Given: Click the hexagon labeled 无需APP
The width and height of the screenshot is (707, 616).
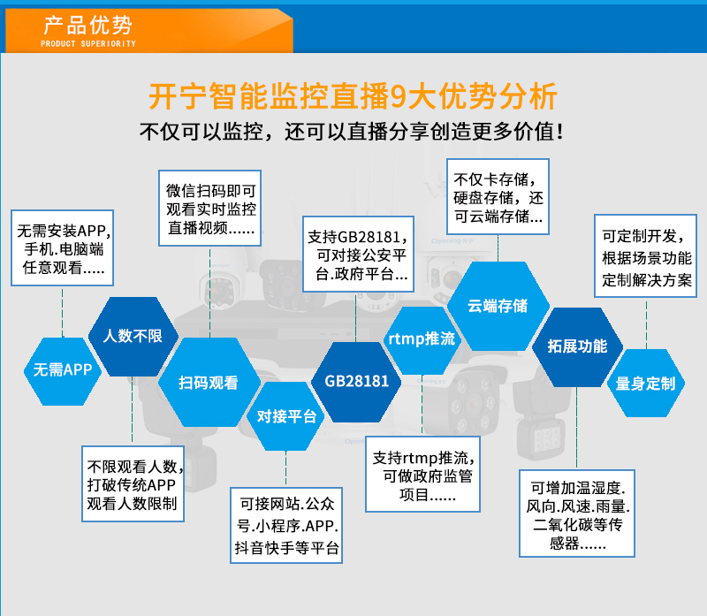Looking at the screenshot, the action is tap(63, 371).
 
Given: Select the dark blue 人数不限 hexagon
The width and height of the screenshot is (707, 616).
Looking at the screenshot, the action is tap(133, 337).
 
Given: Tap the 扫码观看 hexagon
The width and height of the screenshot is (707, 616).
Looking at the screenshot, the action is tap(209, 383).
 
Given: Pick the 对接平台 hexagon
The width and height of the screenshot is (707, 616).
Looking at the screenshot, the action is tap(285, 416).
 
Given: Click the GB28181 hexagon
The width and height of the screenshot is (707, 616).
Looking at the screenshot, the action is tap(356, 382).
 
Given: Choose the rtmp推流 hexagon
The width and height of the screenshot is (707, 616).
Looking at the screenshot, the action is tap(422, 340).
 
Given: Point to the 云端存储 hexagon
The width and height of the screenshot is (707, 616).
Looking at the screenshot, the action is tap(498, 306).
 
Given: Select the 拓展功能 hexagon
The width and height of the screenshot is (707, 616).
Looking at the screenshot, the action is tap(578, 347).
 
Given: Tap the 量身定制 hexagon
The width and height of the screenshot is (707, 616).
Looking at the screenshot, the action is tap(646, 384).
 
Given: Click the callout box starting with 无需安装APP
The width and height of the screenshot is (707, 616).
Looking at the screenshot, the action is tap(62, 248).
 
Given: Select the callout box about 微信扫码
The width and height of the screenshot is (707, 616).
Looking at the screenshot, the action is tap(210, 208).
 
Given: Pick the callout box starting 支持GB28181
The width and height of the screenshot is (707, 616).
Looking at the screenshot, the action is tap(359, 255).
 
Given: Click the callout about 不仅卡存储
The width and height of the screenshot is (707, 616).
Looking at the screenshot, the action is tap(498, 196).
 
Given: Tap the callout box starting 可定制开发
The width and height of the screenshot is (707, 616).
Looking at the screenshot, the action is tap(646, 255).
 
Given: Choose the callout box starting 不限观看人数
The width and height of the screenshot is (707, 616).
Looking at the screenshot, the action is tap(133, 483).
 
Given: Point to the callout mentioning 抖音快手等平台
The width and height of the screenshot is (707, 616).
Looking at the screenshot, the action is tap(286, 525).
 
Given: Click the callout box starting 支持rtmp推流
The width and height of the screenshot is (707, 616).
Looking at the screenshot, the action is tap(423, 474).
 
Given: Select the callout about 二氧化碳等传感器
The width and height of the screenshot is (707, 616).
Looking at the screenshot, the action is tap(577, 513).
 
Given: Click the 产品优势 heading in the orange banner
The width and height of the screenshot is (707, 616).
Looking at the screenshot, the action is tap(87, 26).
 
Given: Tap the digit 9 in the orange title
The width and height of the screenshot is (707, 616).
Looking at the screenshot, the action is tap(399, 96).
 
